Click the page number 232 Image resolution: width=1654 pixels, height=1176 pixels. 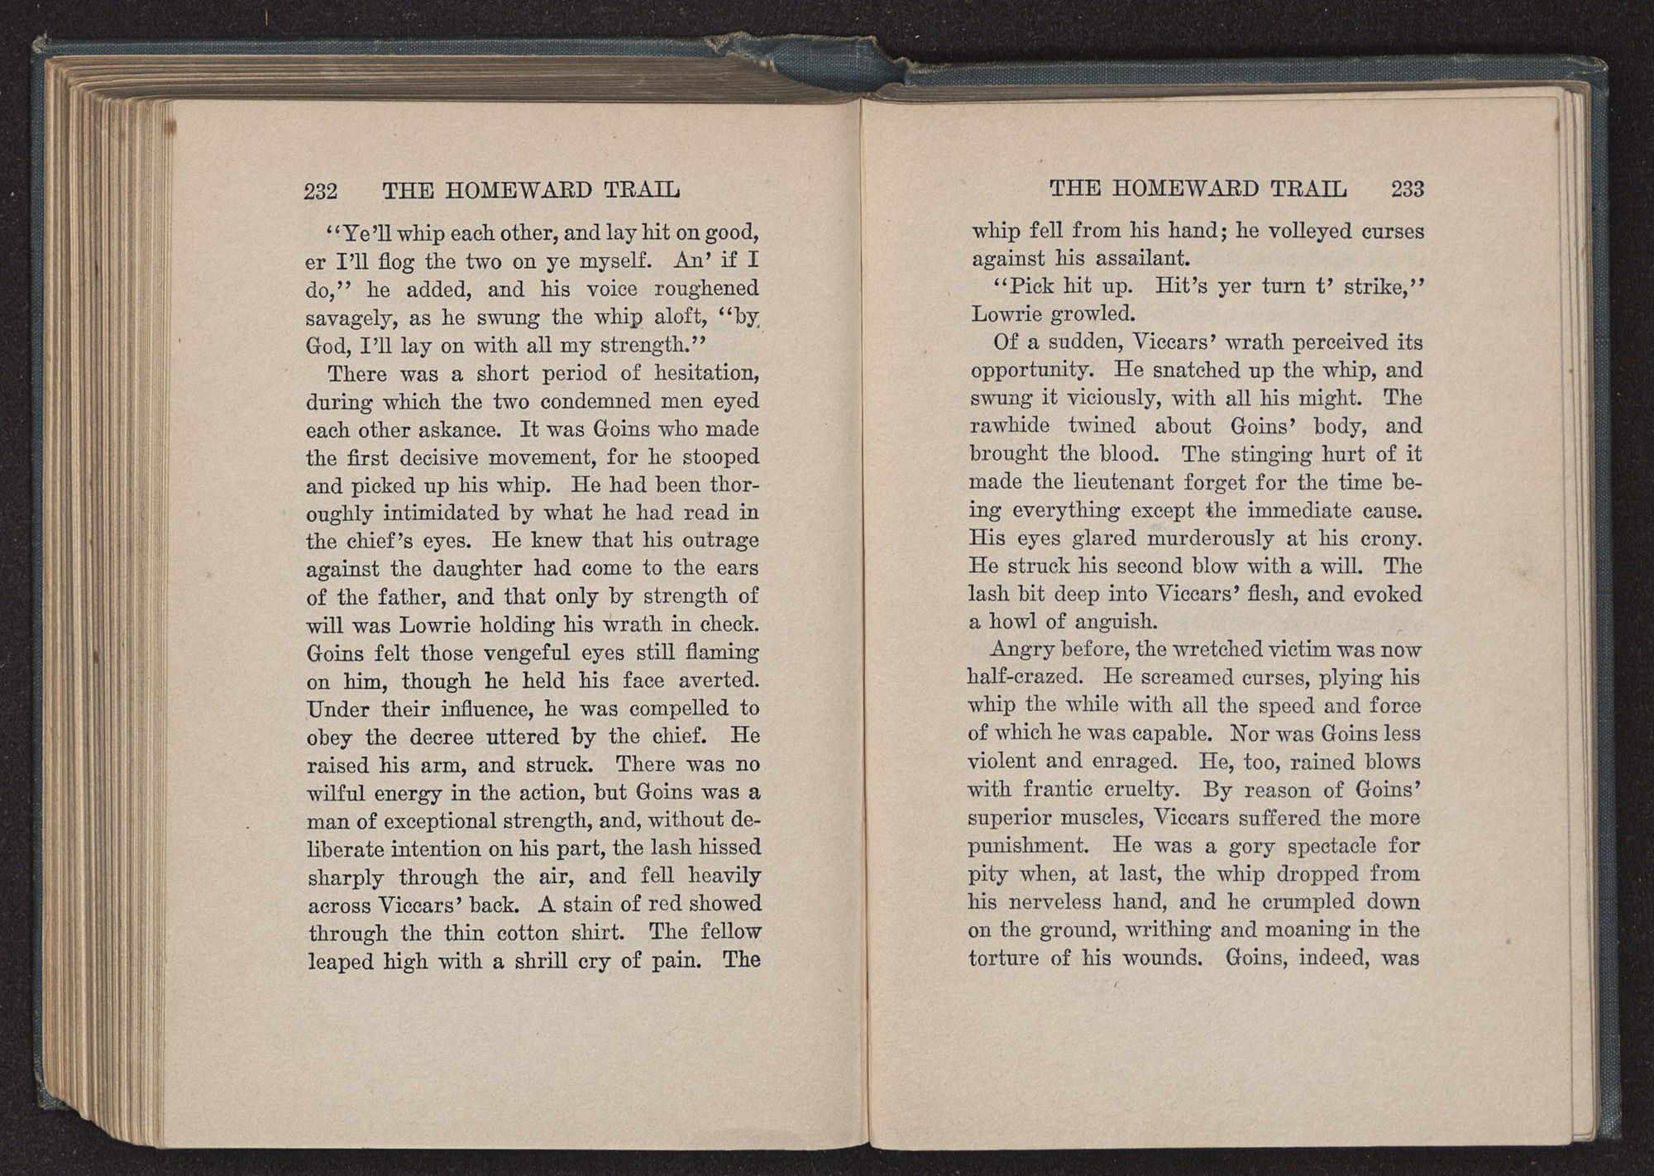coord(321,192)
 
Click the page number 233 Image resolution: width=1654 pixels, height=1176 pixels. coord(1408,189)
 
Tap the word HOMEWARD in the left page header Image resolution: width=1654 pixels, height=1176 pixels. coord(519,191)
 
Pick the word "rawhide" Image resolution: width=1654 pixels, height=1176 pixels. coord(1010,427)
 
